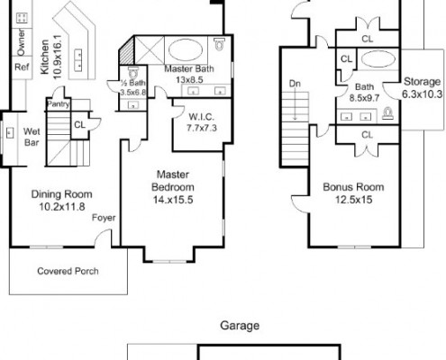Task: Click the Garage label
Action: coord(240,326)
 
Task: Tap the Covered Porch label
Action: coord(68,271)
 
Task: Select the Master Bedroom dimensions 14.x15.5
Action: coord(173,200)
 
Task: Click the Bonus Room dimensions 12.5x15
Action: coord(353,200)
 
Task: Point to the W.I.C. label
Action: coord(202,117)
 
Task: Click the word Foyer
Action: coord(104,218)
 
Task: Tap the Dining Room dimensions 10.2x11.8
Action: coord(62,207)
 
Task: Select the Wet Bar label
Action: coord(32,137)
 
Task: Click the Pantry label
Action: coord(59,104)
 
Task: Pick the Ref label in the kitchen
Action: coord(22,67)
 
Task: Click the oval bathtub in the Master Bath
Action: coord(186,49)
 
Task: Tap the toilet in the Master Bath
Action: coord(220,43)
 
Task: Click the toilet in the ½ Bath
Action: coord(133,72)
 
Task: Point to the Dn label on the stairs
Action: coord(295,84)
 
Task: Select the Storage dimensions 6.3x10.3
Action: coord(422,94)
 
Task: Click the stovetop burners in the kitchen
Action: coord(22,18)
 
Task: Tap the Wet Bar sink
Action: coord(10,132)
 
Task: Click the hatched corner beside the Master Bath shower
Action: coord(127,51)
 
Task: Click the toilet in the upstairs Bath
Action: coord(387,113)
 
